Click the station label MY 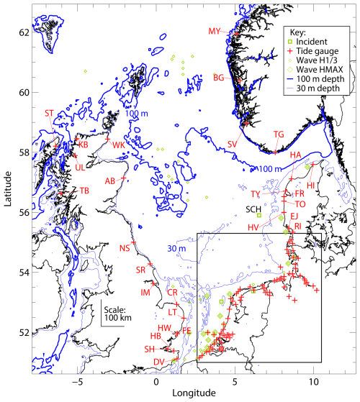pos(215,31)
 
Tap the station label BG pos(219,77)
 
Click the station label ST pos(50,113)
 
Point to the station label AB pos(111,181)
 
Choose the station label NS pos(125,248)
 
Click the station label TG pos(279,134)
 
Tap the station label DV pos(158,361)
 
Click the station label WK pos(118,145)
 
